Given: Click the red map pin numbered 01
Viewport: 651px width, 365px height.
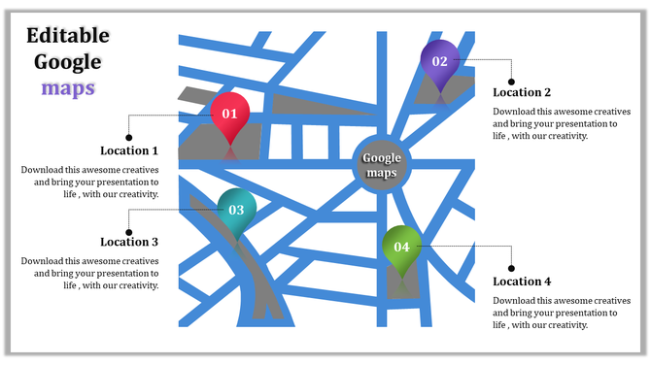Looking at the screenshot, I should pos(230,114).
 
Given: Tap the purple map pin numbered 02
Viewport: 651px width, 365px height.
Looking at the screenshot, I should pos(439,61).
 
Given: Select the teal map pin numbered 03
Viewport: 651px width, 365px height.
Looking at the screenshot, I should pos(236,210).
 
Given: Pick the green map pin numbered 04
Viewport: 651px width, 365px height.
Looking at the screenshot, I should pos(401,247).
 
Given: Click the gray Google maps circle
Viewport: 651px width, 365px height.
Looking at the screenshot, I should pos(382,165).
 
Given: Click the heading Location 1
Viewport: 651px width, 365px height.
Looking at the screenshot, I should pos(129,151).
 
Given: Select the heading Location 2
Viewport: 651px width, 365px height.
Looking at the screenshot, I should pos(522,92).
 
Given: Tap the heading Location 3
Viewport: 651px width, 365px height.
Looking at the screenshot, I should pos(129,242).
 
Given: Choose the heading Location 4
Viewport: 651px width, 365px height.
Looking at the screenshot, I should pos(522,282).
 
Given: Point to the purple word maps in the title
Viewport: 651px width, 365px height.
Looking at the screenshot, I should pos(68,87).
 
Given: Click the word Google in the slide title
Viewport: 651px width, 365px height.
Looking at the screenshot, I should pos(68,62).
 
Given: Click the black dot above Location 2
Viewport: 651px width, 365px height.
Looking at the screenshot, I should pos(512,82).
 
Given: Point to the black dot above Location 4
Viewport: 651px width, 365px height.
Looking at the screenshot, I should pos(512,267).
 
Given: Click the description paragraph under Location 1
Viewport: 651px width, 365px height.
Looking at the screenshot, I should pos(90,182).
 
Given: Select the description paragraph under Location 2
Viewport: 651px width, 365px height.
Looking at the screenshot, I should pos(555,123).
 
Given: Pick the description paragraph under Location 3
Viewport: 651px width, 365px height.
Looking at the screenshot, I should pos(90,273).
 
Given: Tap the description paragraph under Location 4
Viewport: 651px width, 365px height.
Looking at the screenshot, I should pos(555,313).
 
